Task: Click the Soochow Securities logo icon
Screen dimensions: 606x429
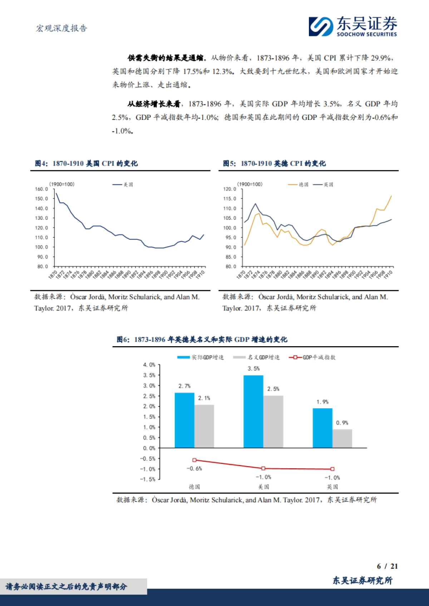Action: point(321,26)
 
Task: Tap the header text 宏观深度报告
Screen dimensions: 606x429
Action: point(61,29)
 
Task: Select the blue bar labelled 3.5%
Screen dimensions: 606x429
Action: point(253,411)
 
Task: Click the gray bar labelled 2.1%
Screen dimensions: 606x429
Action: point(204,426)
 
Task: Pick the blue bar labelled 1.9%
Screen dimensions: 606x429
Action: point(322,428)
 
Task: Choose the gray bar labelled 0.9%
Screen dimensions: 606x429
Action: point(342,438)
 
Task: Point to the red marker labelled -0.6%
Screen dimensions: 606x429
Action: point(194,460)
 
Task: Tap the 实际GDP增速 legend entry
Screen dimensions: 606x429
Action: point(201,357)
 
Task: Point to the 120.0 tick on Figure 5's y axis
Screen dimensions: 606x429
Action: point(230,189)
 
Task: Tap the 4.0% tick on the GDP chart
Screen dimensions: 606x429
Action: point(149,365)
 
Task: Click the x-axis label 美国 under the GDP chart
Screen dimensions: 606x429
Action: point(263,487)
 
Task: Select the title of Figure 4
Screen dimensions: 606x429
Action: point(86,163)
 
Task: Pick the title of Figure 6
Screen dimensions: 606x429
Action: point(202,339)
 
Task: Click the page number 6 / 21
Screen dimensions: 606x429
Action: point(387,566)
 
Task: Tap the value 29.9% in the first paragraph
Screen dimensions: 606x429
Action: point(381,58)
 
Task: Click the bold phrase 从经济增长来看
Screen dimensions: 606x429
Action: point(154,104)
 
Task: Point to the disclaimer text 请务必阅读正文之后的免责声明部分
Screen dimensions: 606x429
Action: point(66,587)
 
